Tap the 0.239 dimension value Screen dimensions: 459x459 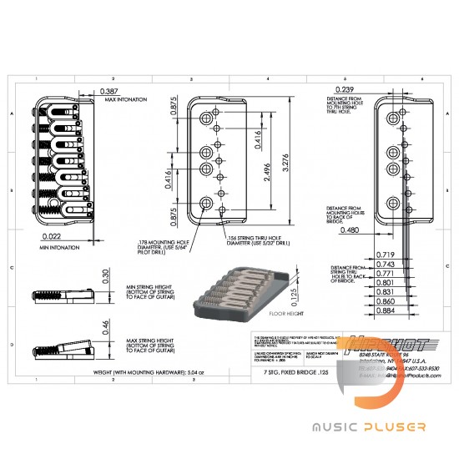tap(345, 89)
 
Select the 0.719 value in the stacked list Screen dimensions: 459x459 tap(363, 254)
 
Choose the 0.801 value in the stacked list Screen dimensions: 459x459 tap(363, 282)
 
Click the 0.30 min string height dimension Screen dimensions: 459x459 tap(104, 276)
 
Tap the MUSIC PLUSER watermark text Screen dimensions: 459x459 tap(370, 426)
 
